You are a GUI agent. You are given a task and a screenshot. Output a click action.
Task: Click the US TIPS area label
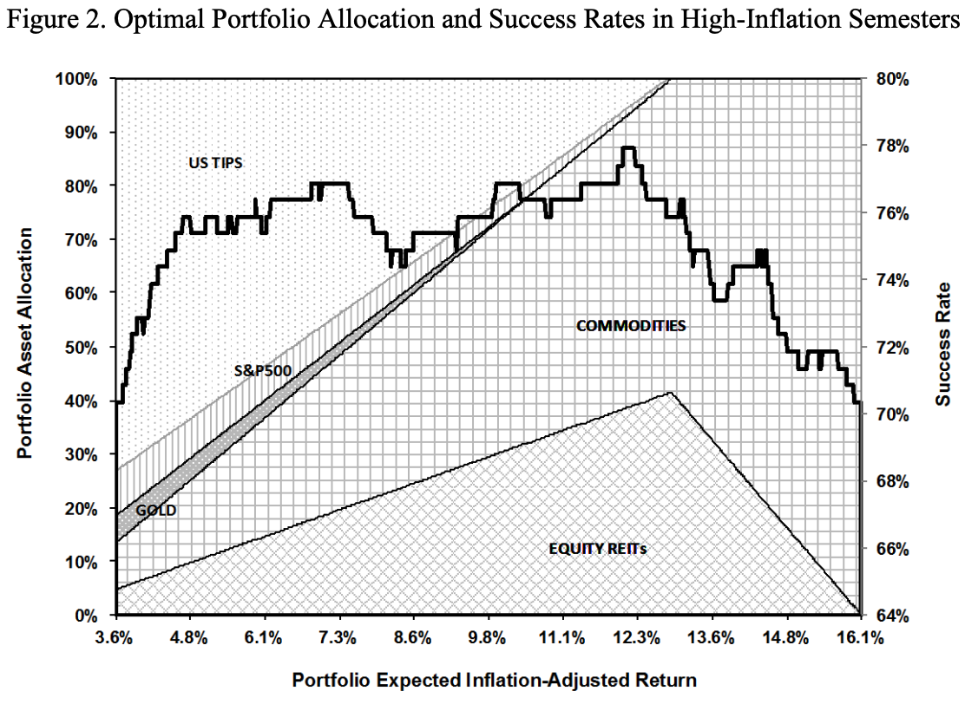pyautogui.click(x=217, y=161)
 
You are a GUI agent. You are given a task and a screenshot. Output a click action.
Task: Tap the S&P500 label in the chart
pyautogui.click(x=262, y=371)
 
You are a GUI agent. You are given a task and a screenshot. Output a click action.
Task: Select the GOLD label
pyautogui.click(x=156, y=511)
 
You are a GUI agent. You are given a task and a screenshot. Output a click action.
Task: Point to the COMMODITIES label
pyautogui.click(x=631, y=326)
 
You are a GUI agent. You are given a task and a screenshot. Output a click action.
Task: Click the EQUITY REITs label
pyautogui.click(x=598, y=549)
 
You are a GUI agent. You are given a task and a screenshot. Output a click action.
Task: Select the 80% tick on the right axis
pyautogui.click(x=890, y=79)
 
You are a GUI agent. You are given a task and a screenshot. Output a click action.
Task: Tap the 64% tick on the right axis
pyautogui.click(x=890, y=616)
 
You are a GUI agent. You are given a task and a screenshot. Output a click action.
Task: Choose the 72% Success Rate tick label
pyautogui.click(x=890, y=347)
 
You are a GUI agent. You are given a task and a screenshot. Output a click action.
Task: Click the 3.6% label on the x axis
pyautogui.click(x=114, y=640)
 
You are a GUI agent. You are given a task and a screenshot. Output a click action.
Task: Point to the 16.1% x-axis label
pyautogui.click(x=860, y=640)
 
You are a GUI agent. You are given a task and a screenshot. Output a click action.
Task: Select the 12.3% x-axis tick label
pyautogui.click(x=636, y=640)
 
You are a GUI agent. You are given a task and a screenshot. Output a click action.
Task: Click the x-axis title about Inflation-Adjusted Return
pyautogui.click(x=494, y=679)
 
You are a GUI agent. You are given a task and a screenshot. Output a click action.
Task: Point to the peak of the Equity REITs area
pyautogui.click(x=670, y=393)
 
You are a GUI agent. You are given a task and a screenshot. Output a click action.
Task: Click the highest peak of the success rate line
pyautogui.click(x=629, y=148)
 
